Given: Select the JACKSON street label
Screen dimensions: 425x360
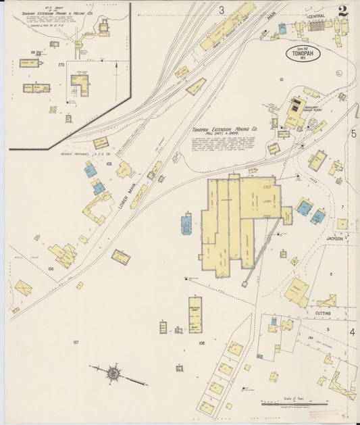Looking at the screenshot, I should pos(335,239).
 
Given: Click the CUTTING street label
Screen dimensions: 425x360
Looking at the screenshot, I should pos(322,314).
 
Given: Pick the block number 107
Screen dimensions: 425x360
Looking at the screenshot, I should pos(76,342).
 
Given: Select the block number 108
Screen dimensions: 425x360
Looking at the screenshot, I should pos(201,343).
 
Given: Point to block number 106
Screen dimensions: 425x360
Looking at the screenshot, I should pos(51,268).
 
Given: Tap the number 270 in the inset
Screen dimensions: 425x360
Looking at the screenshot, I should pos(61,65).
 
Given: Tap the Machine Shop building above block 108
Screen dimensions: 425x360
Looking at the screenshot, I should pos(195,314).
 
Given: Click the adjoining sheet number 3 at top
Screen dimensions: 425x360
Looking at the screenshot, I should pos(221,9).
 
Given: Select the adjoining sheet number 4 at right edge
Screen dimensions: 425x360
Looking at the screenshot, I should pos(352,332).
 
